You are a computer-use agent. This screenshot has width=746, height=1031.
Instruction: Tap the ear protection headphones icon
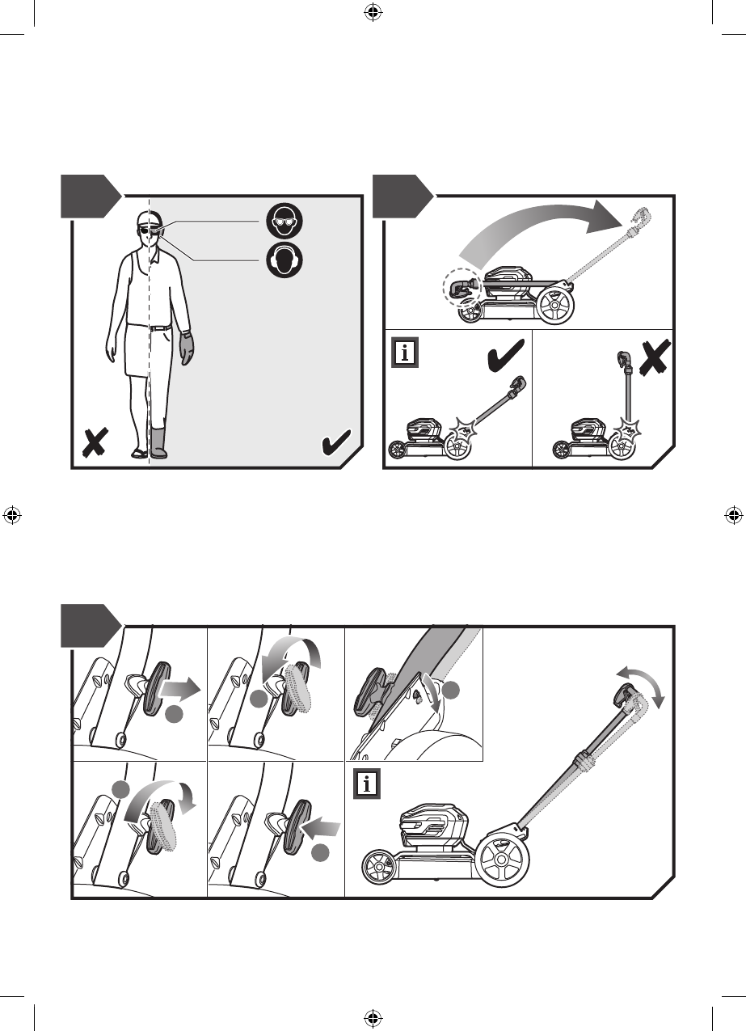(284, 260)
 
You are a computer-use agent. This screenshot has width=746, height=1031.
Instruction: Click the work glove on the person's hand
(187, 349)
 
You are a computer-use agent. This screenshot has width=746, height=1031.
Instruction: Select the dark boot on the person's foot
(158, 444)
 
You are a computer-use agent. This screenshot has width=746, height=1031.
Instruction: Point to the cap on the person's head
(145, 218)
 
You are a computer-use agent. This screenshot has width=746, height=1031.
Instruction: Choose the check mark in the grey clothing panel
(335, 443)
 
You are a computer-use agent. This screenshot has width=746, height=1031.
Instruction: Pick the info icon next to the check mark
(405, 353)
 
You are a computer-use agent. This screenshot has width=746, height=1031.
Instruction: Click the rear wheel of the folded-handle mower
(555, 306)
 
